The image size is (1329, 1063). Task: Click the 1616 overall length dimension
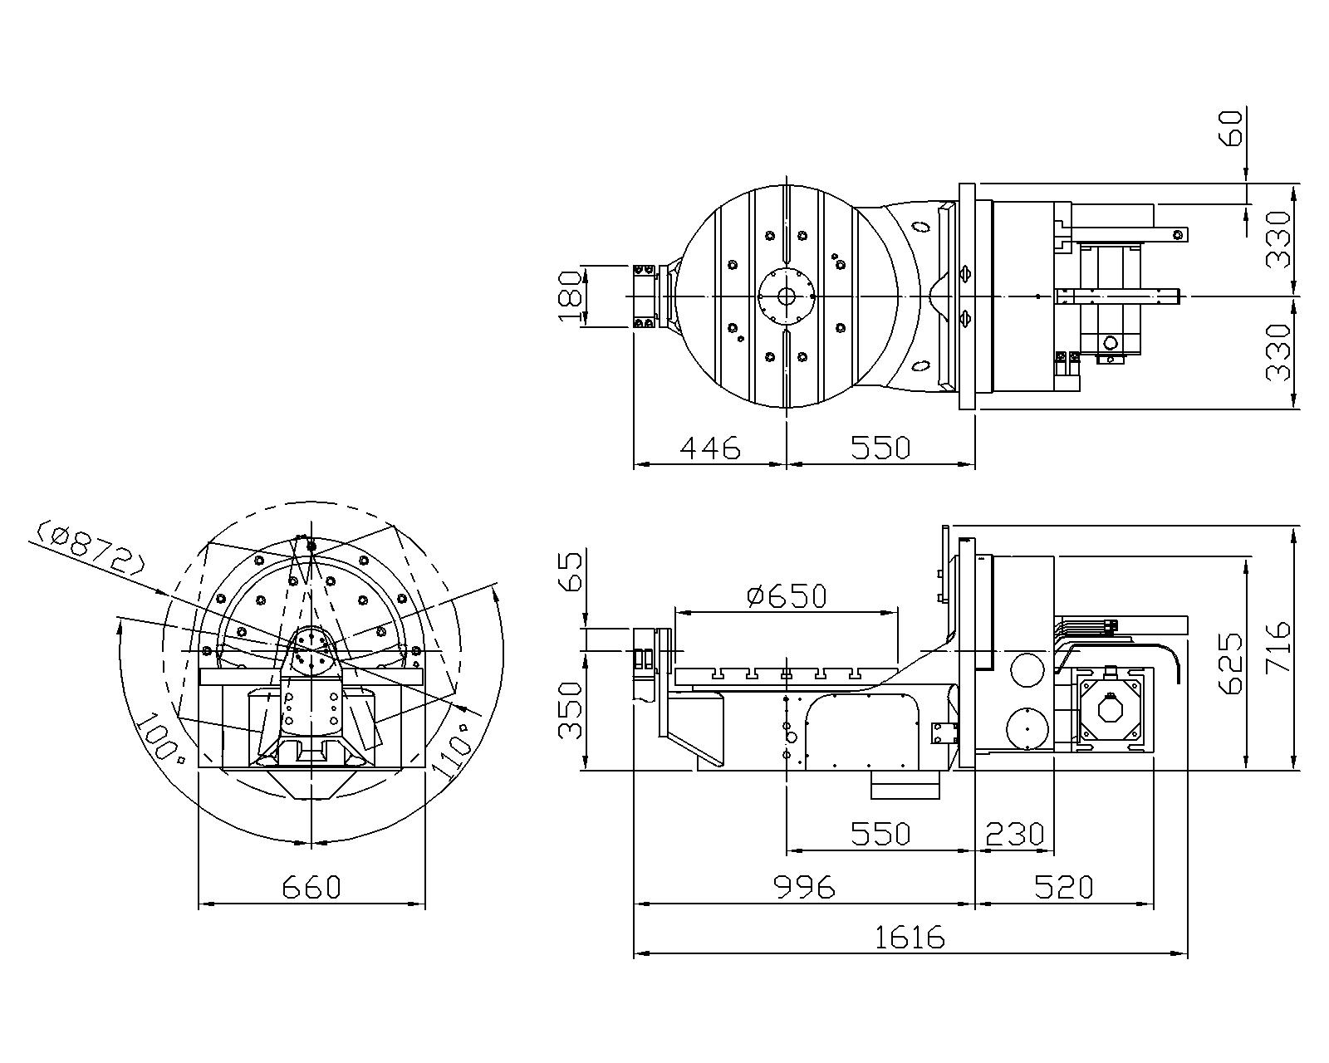tap(910, 938)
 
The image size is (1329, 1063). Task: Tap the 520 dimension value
tap(1064, 887)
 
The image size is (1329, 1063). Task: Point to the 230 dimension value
tap(1014, 833)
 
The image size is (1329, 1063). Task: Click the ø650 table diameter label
tap(787, 595)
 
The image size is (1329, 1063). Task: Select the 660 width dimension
tap(311, 887)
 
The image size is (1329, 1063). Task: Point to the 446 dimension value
tap(709, 448)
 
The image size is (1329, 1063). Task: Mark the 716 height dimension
tap(1276, 648)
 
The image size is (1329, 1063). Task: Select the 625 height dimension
tap(1229, 664)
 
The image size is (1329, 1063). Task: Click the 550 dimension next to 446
tap(880, 448)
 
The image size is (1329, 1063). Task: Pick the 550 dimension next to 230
tap(880, 833)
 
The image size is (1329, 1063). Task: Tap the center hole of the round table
tap(786, 296)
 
